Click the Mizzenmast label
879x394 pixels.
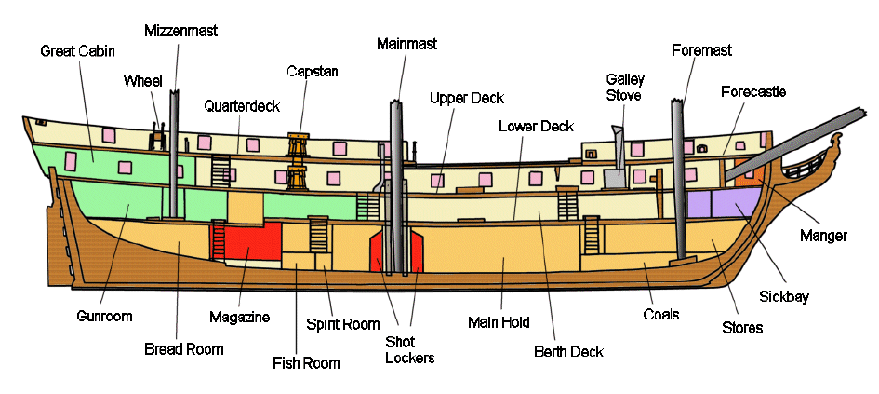pos(180,31)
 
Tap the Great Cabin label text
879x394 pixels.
pos(77,50)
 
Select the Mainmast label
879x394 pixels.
pos(406,43)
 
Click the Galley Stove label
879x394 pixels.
pos(625,87)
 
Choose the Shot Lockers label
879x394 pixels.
pos(410,349)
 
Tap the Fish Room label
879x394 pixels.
pos(306,362)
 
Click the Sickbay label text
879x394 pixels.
pos(790,297)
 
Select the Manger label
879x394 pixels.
pos(823,236)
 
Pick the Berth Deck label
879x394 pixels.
pos(568,351)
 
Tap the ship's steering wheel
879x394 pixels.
pos(158,132)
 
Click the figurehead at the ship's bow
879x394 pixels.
pos(835,146)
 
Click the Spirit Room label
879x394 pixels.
pos(342,324)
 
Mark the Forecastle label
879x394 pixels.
pos(752,91)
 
